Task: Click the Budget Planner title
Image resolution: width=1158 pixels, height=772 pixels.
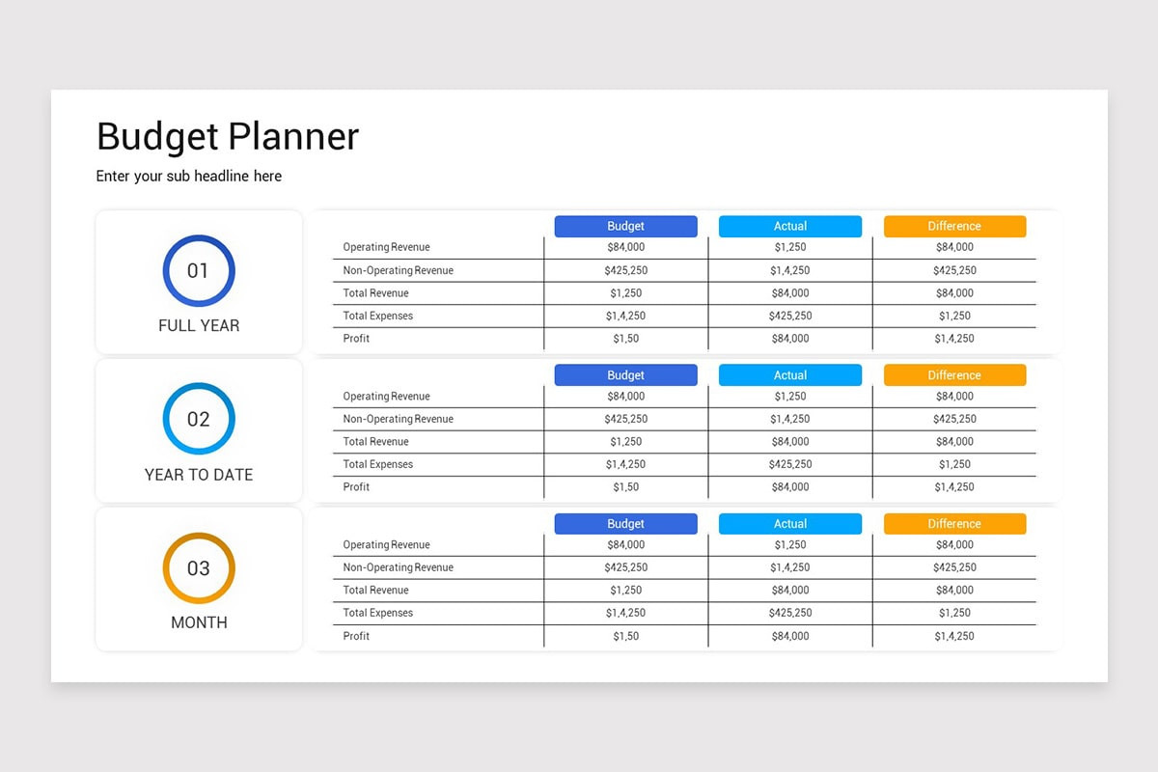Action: pyautogui.click(x=228, y=136)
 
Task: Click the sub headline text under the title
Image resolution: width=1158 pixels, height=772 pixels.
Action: pyautogui.click(x=189, y=176)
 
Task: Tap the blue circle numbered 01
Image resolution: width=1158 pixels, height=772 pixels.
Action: pyautogui.click(x=199, y=271)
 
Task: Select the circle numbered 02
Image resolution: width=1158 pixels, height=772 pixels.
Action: pyautogui.click(x=199, y=419)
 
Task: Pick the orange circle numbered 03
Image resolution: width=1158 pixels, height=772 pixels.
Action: pyautogui.click(x=199, y=568)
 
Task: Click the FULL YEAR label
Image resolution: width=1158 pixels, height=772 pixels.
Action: pyautogui.click(x=199, y=326)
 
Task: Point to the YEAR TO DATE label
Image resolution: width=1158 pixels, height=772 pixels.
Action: pyautogui.click(x=199, y=475)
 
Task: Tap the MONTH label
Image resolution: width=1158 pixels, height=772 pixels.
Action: pyautogui.click(x=199, y=623)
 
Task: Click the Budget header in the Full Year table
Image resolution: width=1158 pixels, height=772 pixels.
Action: pyautogui.click(x=625, y=226)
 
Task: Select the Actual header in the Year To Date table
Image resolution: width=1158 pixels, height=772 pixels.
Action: pyautogui.click(x=789, y=375)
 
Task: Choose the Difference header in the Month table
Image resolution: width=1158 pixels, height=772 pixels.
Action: pyautogui.click(x=954, y=524)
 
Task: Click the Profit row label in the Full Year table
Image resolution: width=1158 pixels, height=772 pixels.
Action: pyautogui.click(x=356, y=339)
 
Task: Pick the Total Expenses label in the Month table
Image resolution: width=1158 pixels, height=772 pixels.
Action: pyautogui.click(x=377, y=613)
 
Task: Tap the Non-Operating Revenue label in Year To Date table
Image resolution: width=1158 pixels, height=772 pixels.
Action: pyautogui.click(x=398, y=419)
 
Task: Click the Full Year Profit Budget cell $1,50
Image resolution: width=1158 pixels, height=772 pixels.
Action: pyautogui.click(x=625, y=339)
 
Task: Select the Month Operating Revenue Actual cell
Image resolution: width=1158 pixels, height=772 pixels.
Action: pyautogui.click(x=789, y=545)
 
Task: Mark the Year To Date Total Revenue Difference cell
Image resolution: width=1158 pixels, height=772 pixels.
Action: pyautogui.click(x=954, y=442)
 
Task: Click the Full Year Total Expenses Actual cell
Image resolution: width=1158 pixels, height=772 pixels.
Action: pyautogui.click(x=789, y=316)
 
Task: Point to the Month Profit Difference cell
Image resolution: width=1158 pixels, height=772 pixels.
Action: pyautogui.click(x=954, y=636)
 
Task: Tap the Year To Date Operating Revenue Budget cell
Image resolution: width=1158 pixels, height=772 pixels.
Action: pyautogui.click(x=625, y=397)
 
